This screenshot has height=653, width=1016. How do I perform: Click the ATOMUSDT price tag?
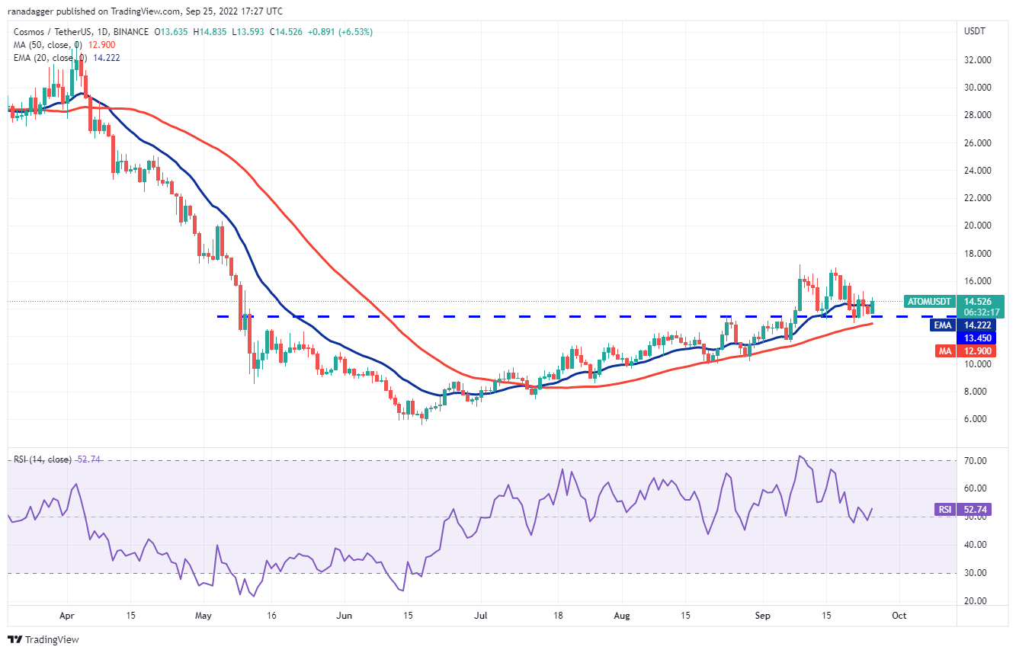(928, 301)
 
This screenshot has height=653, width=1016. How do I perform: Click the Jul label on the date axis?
(480, 614)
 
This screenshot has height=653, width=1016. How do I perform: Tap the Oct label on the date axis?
(899, 614)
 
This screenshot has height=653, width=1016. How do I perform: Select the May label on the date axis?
(202, 614)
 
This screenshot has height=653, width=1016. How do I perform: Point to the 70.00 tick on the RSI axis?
(978, 461)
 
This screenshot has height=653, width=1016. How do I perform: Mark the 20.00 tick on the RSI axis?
(978, 600)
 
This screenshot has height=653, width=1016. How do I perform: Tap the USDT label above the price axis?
(975, 31)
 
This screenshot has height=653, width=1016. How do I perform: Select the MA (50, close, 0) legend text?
(50, 45)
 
